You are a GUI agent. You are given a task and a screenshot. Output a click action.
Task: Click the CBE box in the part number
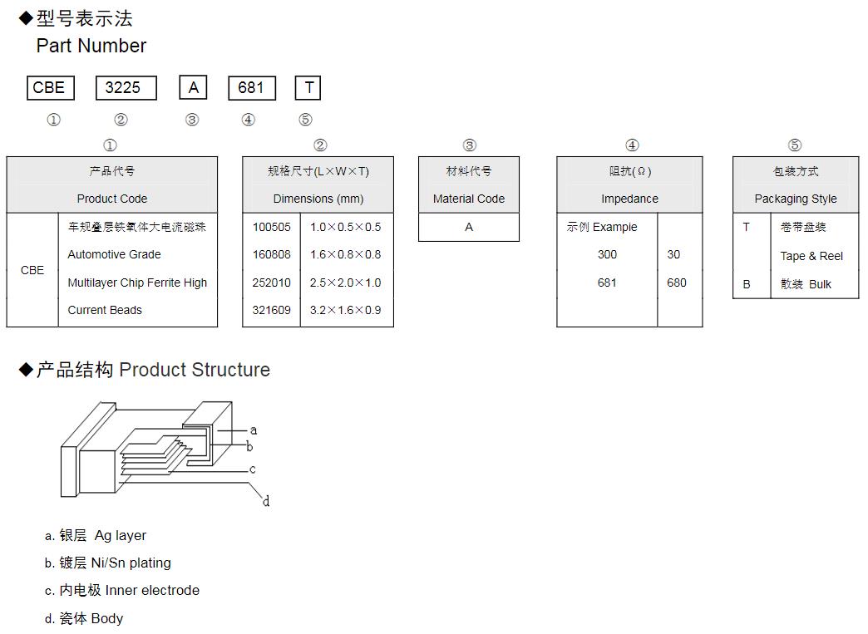(x=49, y=88)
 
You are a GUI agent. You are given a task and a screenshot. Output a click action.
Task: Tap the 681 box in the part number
(x=251, y=88)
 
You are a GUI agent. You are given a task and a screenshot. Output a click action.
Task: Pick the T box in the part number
(x=308, y=88)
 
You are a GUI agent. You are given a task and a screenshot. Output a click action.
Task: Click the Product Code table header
(x=112, y=199)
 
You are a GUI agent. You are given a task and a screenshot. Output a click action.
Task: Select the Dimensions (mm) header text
(x=318, y=199)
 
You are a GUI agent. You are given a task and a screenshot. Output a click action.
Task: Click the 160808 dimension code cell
(x=272, y=254)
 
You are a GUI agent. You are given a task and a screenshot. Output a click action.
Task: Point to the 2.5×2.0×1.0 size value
(x=345, y=283)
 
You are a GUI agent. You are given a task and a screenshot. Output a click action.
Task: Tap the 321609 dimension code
(x=272, y=310)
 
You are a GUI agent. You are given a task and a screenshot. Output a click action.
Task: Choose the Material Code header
(x=469, y=199)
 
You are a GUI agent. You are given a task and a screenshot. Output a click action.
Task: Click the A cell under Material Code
(x=469, y=227)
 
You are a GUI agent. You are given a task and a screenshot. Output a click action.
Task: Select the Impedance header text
(x=629, y=199)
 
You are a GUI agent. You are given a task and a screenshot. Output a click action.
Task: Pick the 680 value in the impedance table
(x=677, y=283)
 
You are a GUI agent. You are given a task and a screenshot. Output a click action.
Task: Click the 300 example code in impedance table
(x=607, y=254)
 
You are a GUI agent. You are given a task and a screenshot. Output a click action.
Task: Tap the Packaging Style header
(x=796, y=199)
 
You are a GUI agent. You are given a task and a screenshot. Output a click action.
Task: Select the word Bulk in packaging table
(x=820, y=284)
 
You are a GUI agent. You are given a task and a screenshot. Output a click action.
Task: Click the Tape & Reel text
(x=811, y=256)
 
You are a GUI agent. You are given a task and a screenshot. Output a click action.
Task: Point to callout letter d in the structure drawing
(x=266, y=502)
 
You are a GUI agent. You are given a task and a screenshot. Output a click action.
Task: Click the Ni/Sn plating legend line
(x=108, y=563)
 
